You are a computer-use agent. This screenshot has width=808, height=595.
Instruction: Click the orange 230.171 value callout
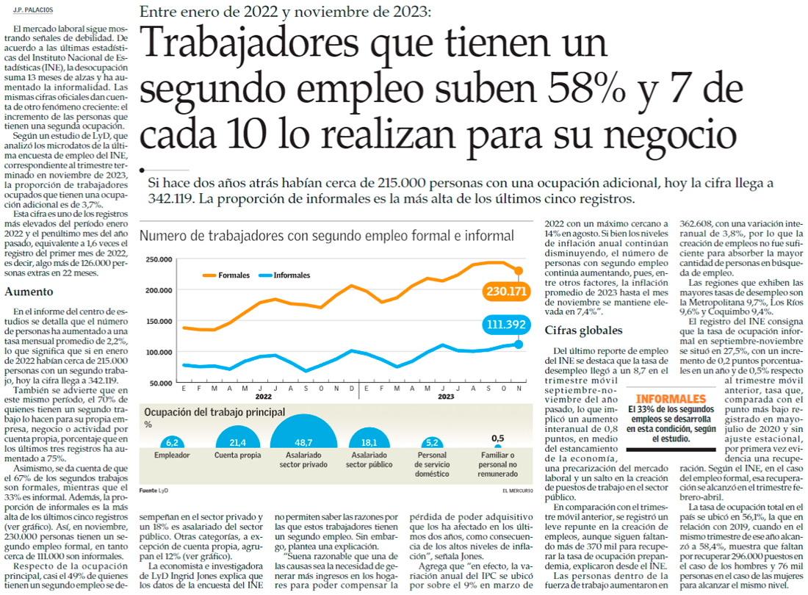tap(507, 292)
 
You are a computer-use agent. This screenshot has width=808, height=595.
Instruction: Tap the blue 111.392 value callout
tap(507, 324)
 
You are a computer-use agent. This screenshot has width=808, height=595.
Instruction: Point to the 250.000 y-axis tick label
tap(159, 260)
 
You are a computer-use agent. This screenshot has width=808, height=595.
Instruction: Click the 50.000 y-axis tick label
tap(161, 383)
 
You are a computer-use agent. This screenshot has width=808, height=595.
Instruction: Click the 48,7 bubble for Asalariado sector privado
tap(304, 442)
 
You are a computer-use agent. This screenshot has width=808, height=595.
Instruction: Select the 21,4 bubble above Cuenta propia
tap(237, 442)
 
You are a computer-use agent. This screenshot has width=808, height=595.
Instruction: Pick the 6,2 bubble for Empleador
tap(173, 442)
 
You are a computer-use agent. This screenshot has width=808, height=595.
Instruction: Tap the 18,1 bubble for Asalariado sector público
tap(368, 442)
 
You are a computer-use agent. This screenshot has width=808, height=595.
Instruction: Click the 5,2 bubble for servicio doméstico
tap(432, 443)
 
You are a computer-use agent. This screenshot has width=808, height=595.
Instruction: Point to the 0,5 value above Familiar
tap(497, 438)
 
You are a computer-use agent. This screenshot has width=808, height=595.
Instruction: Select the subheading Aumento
tap(29, 292)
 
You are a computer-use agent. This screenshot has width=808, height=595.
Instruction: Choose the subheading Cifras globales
tap(584, 331)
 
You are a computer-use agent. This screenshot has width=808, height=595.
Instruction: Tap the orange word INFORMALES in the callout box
tap(667, 399)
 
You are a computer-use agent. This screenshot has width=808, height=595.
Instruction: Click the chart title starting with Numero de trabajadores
tap(326, 236)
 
